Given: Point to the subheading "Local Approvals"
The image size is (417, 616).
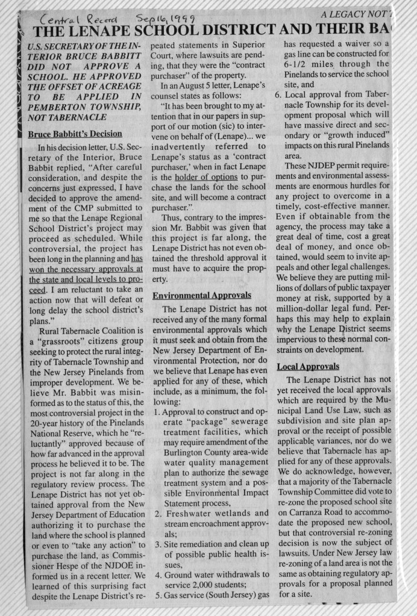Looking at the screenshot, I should click(308, 366).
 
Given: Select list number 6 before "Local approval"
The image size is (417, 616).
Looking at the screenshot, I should click(278, 95).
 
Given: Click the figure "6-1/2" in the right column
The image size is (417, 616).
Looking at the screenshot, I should click(299, 64).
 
